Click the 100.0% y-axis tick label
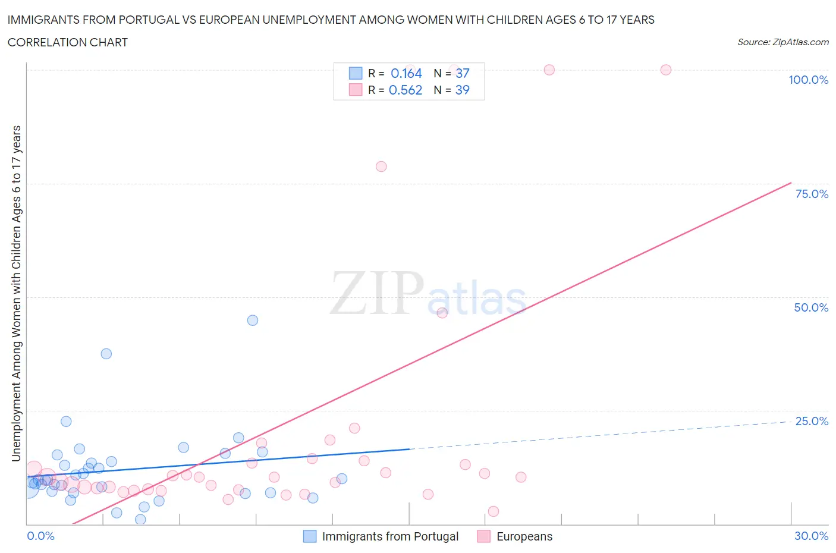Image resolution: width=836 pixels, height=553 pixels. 808,80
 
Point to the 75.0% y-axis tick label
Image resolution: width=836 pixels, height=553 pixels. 812,194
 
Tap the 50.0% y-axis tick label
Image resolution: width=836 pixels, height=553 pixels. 811,307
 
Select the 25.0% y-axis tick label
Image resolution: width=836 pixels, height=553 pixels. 812,421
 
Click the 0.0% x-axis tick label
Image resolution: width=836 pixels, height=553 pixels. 40,536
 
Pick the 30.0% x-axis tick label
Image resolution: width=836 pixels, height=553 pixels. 811,536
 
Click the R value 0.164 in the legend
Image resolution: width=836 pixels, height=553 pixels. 406,73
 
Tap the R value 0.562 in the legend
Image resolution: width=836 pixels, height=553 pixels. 406,90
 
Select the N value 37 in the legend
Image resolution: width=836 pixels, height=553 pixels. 463,73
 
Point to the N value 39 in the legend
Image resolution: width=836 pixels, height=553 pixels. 463,90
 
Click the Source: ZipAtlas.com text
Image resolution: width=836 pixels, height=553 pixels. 782,42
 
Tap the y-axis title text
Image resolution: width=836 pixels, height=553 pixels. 16,293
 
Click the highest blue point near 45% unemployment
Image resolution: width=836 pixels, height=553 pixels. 253,320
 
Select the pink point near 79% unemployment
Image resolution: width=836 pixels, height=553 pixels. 381,166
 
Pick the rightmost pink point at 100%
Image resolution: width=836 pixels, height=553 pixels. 666,70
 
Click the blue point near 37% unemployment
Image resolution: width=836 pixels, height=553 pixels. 106,354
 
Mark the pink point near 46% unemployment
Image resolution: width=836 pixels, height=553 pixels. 442,313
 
